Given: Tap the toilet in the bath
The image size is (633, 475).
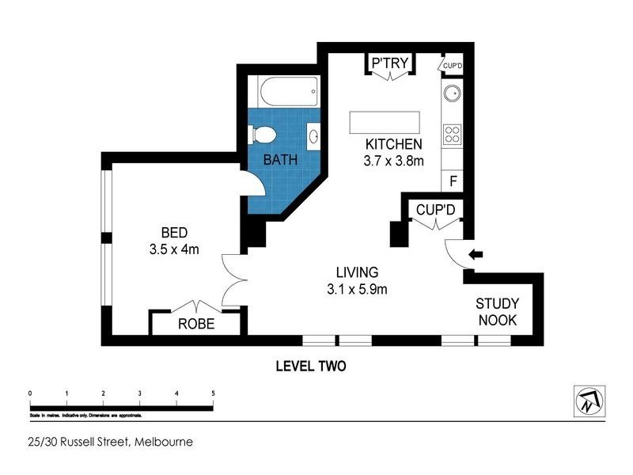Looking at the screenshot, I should coord(262,135).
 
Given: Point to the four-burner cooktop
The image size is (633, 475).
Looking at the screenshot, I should coord(453,134).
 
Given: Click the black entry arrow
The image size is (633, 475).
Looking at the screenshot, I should coord(476,254).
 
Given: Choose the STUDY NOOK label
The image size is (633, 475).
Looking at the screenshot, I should coord(496,311).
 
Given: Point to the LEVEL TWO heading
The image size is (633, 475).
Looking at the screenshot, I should coord(311,367).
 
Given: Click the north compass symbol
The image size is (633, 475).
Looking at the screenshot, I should coord(589,400).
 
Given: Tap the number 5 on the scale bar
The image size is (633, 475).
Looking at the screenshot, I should coord(213,393).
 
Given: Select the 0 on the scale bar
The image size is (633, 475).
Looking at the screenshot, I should coord(29,393).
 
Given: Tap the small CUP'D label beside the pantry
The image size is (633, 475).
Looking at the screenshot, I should coord(452,64).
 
